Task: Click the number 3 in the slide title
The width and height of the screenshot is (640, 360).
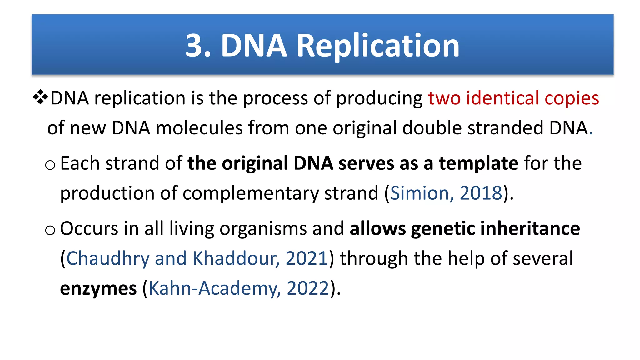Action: click(x=194, y=46)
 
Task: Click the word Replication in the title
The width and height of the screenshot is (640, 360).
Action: click(x=378, y=46)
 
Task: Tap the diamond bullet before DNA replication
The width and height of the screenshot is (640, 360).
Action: click(x=40, y=97)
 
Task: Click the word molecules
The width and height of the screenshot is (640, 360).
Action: click(x=199, y=128)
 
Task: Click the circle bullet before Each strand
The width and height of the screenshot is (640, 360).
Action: click(x=50, y=165)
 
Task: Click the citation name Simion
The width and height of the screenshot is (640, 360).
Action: click(x=420, y=193)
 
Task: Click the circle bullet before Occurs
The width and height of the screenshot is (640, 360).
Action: click(x=50, y=231)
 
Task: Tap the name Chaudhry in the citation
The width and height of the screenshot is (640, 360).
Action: click(x=108, y=259)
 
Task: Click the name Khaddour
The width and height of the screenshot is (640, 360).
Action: click(x=234, y=258)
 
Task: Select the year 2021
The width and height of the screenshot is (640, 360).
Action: click(x=307, y=258)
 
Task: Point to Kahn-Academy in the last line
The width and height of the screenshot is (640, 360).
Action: click(x=212, y=288)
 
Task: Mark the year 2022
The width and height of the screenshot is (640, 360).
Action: click(x=308, y=288)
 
